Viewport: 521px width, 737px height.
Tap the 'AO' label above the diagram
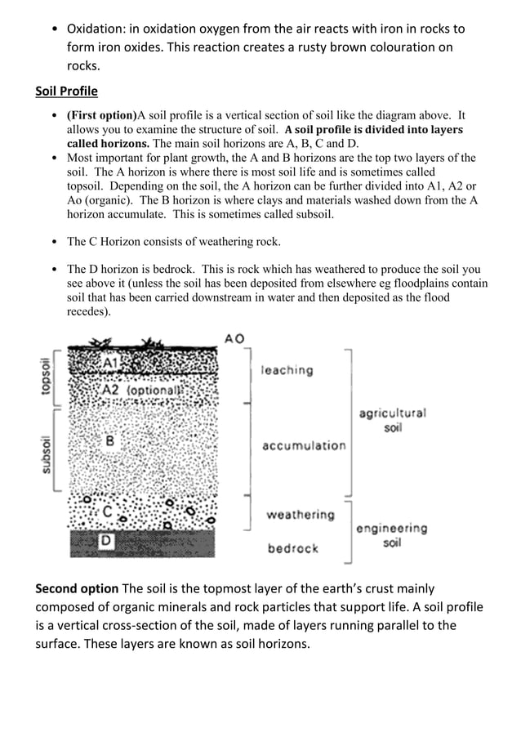tap(234, 338)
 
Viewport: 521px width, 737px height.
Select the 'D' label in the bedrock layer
tap(105, 540)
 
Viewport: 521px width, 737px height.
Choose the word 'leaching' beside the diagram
tap(287, 370)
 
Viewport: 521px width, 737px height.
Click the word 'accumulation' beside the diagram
tap(304, 445)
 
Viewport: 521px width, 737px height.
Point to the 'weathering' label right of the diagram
tap(300, 515)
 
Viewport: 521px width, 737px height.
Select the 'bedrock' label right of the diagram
tap(293, 548)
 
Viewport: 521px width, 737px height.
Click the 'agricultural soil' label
tap(392, 421)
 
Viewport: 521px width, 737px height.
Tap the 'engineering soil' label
tap(391, 535)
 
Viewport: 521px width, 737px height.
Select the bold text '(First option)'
tap(101, 115)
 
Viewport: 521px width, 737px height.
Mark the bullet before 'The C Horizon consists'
tap(54, 242)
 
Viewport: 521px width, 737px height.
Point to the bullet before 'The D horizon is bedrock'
tap(54, 269)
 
